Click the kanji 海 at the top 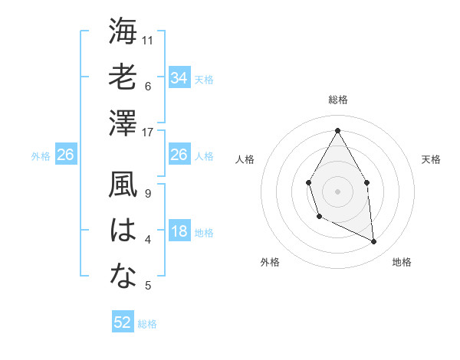coord(123,32)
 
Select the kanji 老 coord(123,77)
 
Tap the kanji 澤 coord(123,123)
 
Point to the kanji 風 coord(123,185)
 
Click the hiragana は coord(123,231)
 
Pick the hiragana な coord(123,277)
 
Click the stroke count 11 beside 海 coord(149,40)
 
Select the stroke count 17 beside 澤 coord(149,132)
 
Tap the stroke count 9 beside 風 coord(147,194)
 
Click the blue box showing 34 coord(179,77)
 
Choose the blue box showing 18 coord(179,232)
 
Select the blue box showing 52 coord(123,322)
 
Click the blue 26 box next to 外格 coord(66,155)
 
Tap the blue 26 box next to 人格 coord(179,155)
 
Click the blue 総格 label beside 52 coord(147,324)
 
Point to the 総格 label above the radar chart coord(337,100)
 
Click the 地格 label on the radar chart coord(402,262)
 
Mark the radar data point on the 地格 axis coord(374,242)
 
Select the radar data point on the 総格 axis coord(337,130)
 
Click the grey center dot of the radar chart coord(337,191)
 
